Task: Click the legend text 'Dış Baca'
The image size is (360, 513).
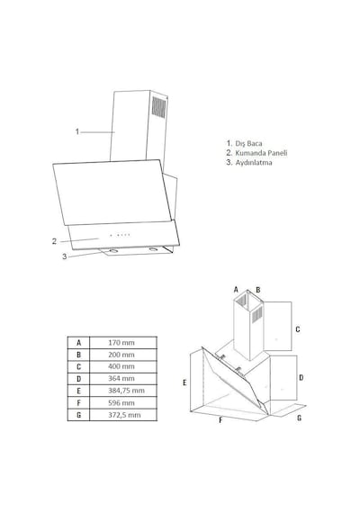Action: [248, 143]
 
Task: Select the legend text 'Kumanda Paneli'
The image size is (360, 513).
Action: [261, 153]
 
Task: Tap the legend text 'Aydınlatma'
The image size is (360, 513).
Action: [254, 162]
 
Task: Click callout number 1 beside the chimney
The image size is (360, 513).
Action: [77, 131]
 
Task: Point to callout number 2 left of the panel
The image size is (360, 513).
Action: [54, 241]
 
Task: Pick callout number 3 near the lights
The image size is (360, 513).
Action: [65, 256]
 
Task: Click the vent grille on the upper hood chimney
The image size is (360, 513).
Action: [158, 107]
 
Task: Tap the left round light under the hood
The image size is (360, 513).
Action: [112, 251]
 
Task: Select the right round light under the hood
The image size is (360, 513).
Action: [153, 249]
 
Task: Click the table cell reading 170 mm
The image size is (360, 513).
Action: [121, 343]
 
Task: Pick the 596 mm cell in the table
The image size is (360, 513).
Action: [121, 402]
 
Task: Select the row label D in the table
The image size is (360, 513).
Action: [78, 379]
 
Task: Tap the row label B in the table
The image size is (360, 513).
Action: [78, 355]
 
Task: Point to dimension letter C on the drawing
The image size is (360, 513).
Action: [298, 329]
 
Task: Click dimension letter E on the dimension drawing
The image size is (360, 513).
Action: [184, 382]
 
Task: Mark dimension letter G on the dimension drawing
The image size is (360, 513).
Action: [299, 418]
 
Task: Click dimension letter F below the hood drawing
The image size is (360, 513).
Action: [220, 420]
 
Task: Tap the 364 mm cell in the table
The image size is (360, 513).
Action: [121, 379]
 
